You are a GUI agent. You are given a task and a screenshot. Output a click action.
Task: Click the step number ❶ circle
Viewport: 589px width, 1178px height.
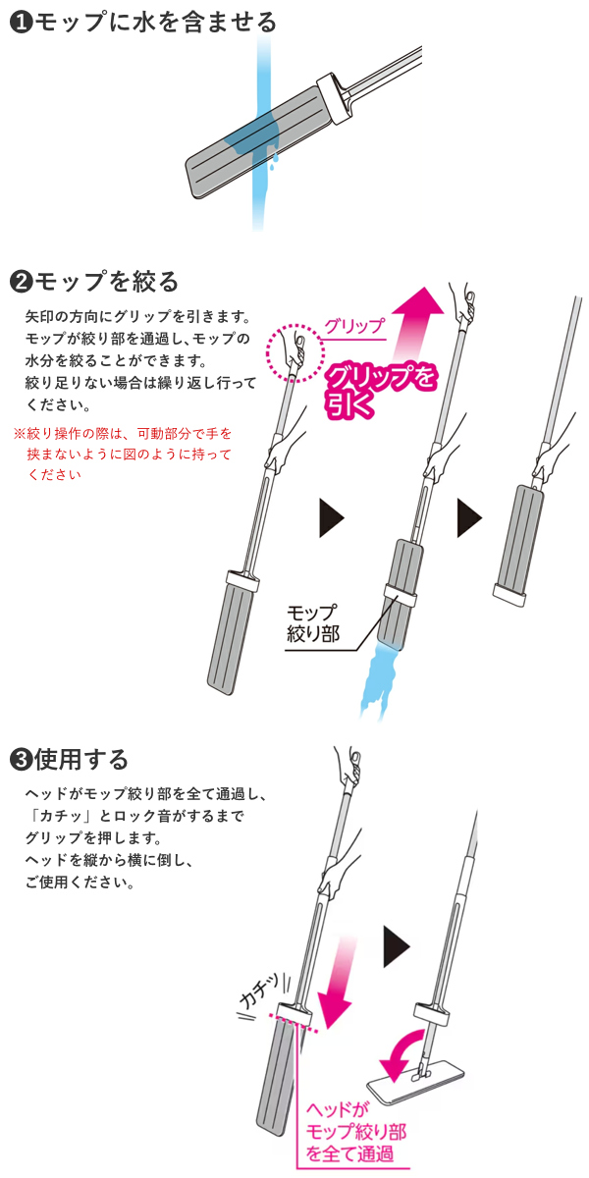tap(21, 24)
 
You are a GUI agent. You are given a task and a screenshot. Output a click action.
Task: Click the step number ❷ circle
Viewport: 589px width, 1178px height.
tap(21, 282)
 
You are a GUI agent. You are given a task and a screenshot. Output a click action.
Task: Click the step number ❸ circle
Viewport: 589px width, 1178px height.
tap(21, 761)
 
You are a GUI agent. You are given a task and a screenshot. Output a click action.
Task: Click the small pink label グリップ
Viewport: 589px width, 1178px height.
tap(355, 326)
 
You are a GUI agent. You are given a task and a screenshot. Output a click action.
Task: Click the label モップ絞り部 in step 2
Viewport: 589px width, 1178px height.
tap(313, 623)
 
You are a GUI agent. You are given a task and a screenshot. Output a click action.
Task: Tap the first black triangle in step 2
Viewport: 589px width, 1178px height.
tap(332, 518)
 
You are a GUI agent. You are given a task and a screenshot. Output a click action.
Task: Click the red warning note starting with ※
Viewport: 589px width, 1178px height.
tap(123, 454)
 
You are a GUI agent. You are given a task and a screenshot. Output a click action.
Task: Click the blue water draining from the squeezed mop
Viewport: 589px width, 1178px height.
tap(378, 681)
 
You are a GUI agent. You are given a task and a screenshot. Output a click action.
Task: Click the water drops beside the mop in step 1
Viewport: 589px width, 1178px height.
tap(274, 160)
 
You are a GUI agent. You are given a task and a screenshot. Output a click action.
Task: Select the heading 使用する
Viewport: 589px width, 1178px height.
tap(81, 761)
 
